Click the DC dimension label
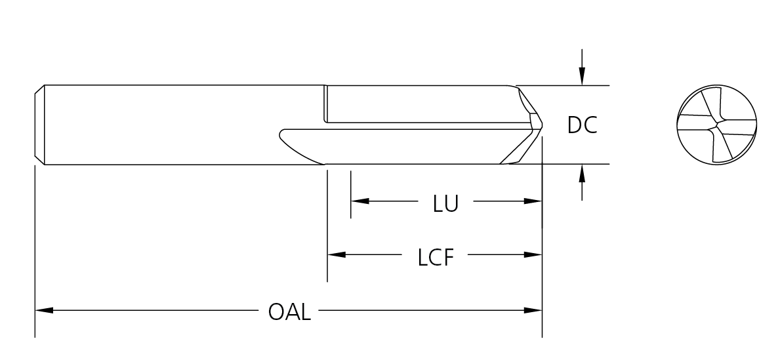[583, 125]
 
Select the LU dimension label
[445, 203]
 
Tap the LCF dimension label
[436, 257]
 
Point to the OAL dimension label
[289, 311]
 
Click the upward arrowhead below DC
[581, 172]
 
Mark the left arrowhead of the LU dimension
[359, 201]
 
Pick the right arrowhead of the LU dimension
[533, 201]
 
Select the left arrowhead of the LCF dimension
[336, 254]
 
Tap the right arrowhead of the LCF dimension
[533, 254]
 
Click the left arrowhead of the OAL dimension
[43, 310]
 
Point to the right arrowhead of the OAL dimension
[533, 310]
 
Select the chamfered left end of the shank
[39, 124]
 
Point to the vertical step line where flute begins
[325, 104]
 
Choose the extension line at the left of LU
[351, 194]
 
